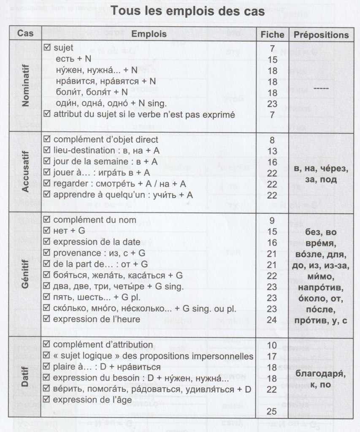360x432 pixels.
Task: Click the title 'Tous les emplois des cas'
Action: click(x=188, y=11)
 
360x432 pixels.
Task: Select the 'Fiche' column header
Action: click(x=273, y=34)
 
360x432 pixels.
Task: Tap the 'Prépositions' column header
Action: click(x=321, y=34)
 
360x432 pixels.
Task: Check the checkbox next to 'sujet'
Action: click(x=47, y=48)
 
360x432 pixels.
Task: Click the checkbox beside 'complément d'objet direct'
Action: click(x=47, y=140)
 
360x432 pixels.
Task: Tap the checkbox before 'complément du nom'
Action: click(x=47, y=220)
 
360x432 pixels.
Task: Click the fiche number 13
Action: click(x=272, y=151)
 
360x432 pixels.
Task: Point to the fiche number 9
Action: click(x=272, y=220)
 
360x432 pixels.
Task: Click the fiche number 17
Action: click(x=272, y=356)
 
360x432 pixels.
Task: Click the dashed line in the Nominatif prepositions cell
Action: click(x=322, y=89)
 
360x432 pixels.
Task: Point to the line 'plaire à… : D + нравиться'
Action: click(x=107, y=367)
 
